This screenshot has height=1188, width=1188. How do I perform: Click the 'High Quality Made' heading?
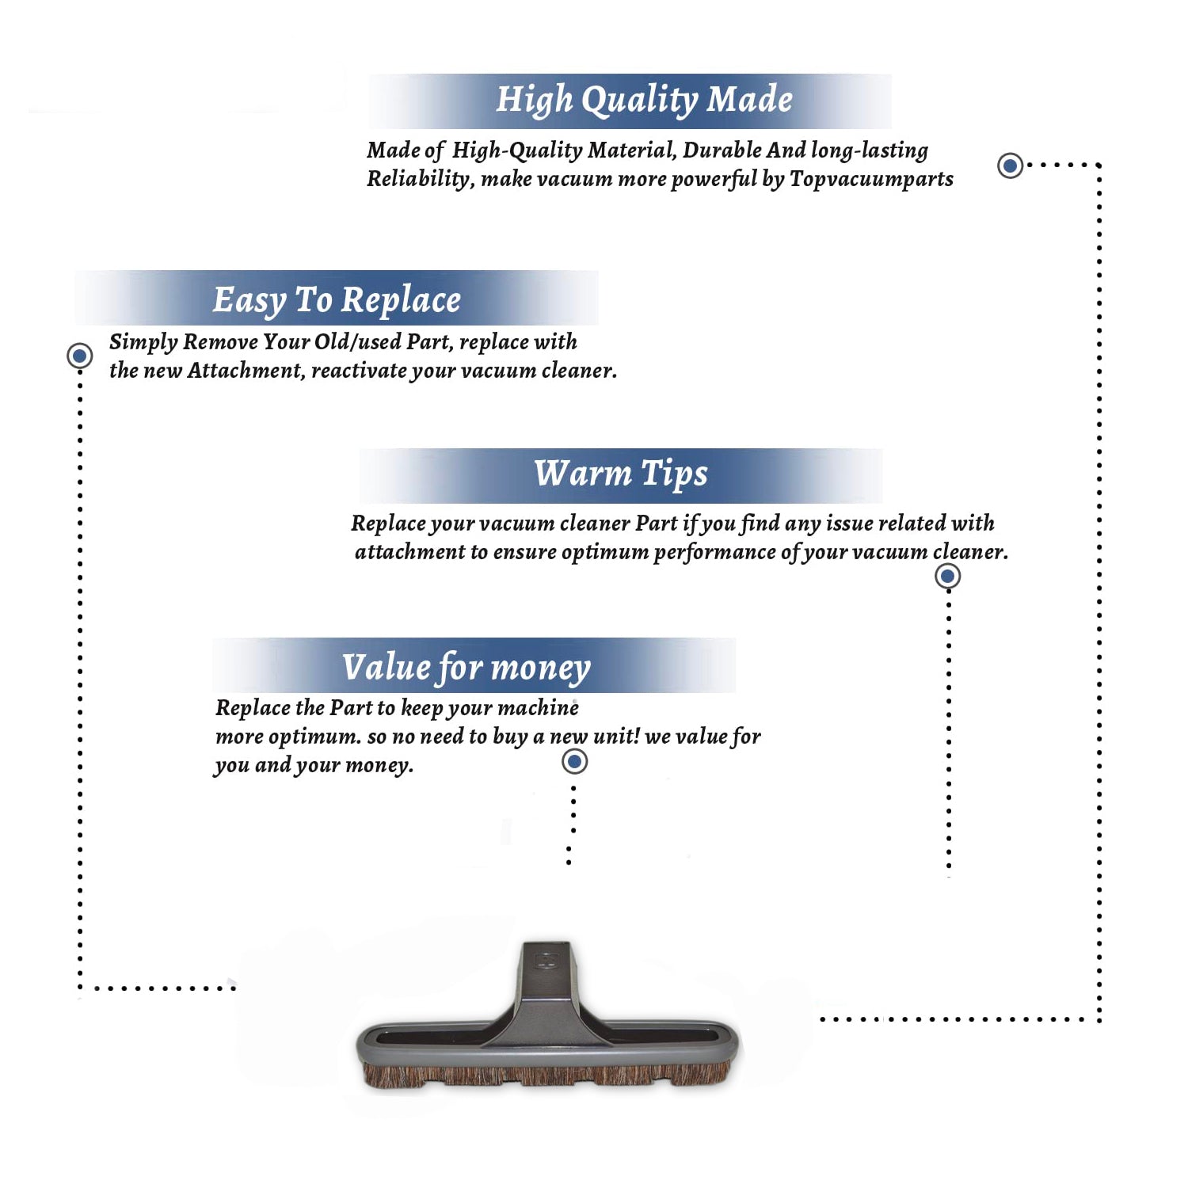point(644,100)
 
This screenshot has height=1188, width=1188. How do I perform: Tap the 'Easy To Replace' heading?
point(337,300)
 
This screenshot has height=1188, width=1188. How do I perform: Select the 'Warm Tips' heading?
point(621,474)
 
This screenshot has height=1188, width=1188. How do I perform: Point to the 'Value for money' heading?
point(466,668)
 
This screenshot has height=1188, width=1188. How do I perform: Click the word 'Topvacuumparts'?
point(871,179)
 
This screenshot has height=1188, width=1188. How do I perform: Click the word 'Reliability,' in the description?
point(421,179)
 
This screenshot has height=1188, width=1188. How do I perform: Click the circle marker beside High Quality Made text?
point(1010,166)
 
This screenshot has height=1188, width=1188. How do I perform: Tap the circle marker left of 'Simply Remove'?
point(79,356)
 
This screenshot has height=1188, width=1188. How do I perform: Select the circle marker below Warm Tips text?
point(947,576)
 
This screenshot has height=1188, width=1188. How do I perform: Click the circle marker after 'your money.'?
point(574,762)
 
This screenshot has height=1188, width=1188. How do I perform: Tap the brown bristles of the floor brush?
point(546,1075)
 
